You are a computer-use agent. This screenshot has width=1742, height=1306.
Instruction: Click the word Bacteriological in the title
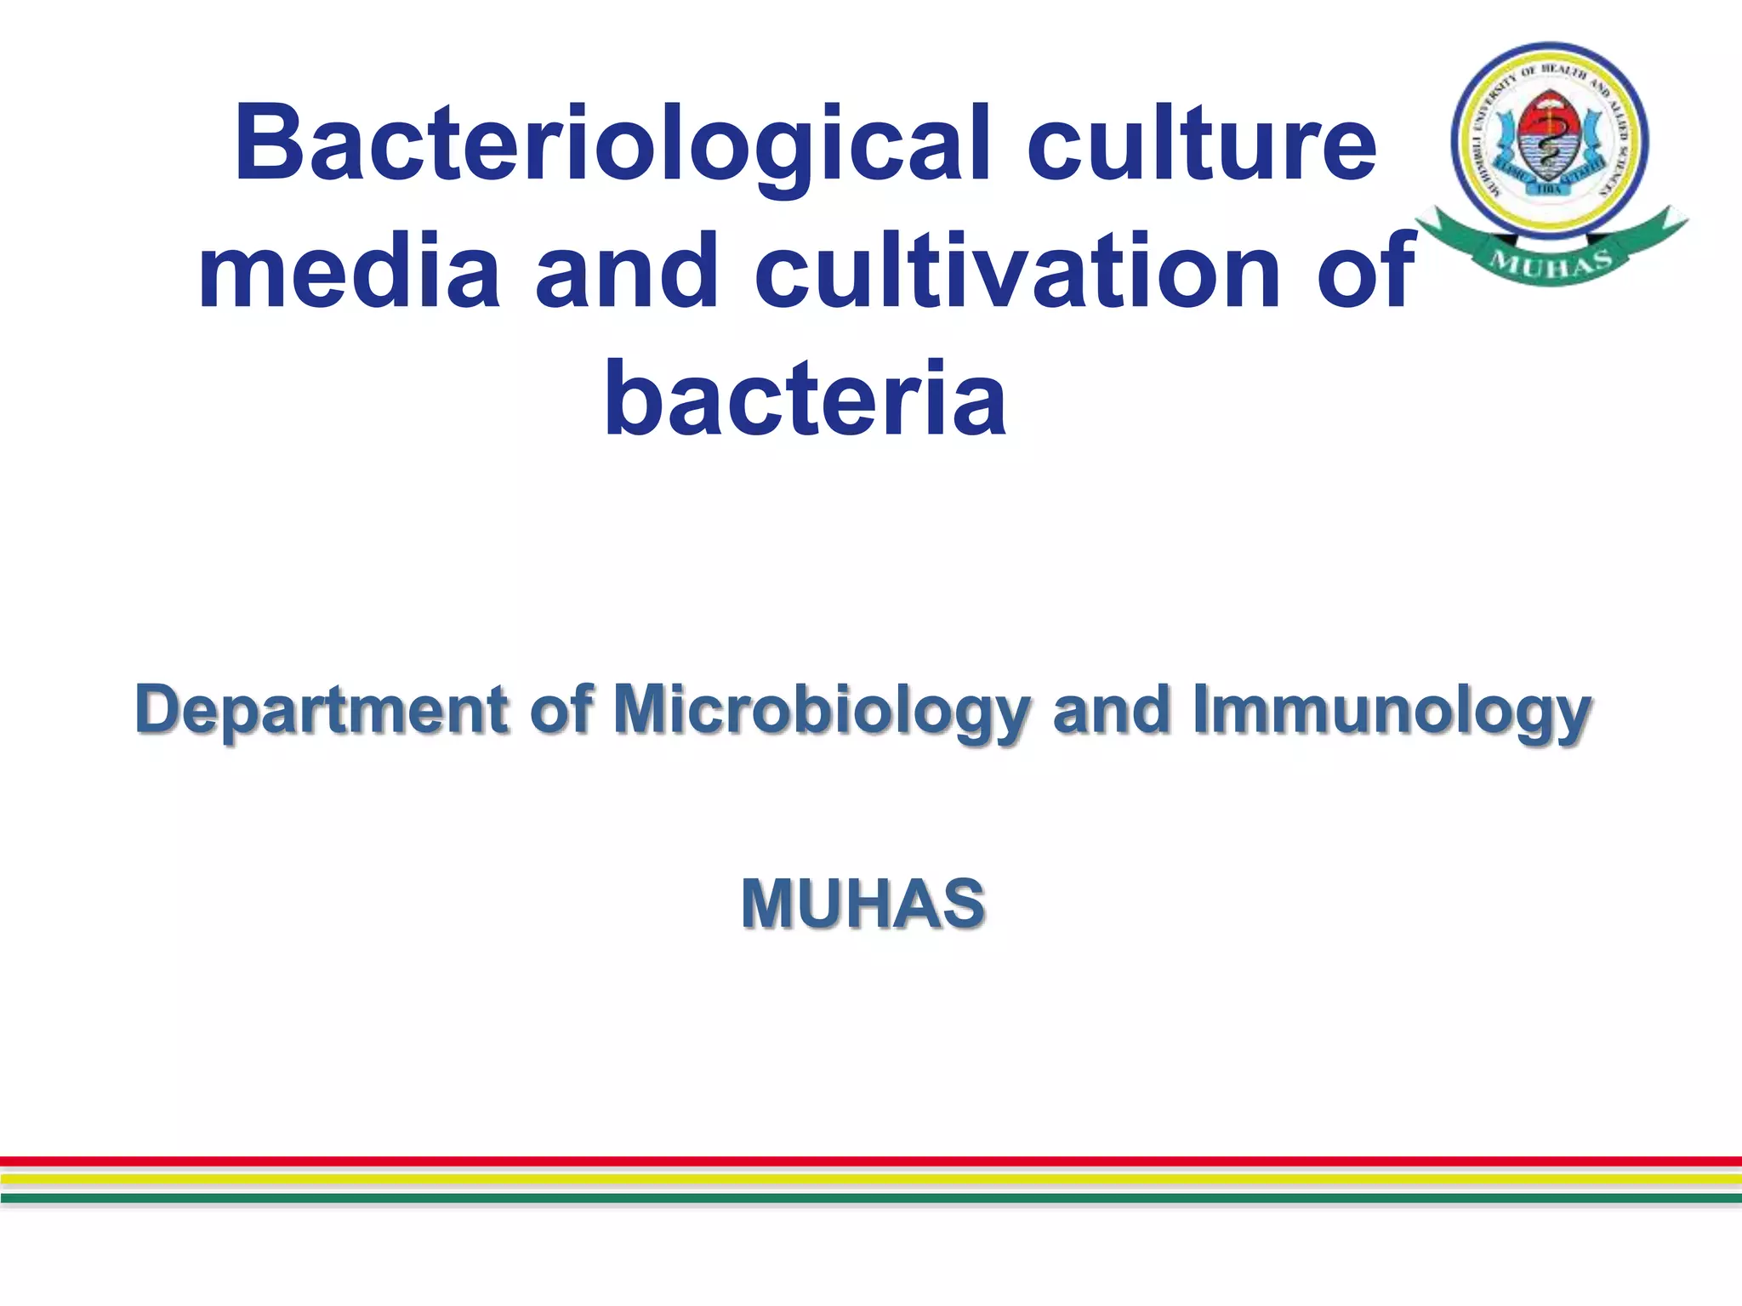(x=612, y=145)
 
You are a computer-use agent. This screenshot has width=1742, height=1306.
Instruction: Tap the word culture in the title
(x=1200, y=145)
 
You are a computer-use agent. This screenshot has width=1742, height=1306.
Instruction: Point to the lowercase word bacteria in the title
(x=806, y=398)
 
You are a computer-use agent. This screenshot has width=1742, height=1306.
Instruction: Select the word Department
(x=322, y=711)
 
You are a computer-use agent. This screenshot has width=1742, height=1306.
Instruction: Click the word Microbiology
(x=822, y=711)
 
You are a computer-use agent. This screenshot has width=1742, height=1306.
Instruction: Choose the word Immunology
(x=1392, y=711)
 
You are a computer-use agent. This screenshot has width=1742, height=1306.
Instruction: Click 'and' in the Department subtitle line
(x=1111, y=711)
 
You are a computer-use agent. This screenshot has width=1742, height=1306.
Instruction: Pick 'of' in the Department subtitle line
(x=561, y=711)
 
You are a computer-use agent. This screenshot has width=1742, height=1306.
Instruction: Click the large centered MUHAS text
(x=862, y=903)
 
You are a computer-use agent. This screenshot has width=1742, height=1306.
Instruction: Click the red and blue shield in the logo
(x=1550, y=140)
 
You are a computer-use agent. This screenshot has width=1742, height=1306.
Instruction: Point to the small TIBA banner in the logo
(x=1550, y=189)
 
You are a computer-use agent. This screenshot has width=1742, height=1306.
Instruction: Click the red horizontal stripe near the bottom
(x=871, y=1161)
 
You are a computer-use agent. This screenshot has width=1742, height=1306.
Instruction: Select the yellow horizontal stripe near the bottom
(x=871, y=1179)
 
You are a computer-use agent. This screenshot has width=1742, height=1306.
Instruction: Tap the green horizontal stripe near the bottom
(x=871, y=1198)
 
